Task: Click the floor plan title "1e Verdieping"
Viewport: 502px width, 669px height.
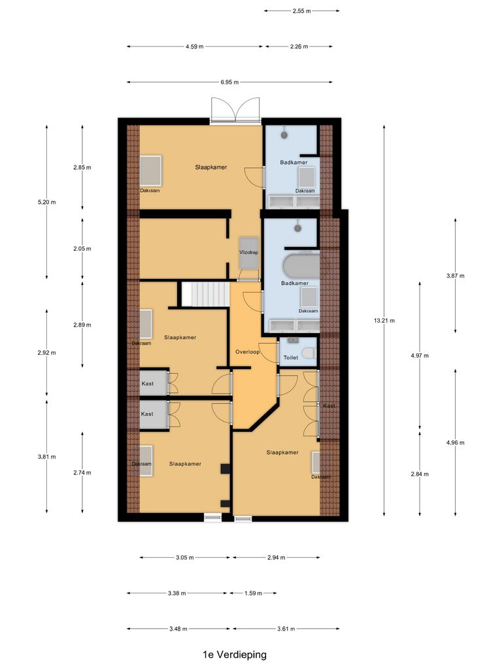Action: tap(234, 654)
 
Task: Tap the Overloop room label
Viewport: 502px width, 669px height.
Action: tap(248, 352)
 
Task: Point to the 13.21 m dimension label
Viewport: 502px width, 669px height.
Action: tap(384, 321)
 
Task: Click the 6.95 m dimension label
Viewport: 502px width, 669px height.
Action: tap(229, 82)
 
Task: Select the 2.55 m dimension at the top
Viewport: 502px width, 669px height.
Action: tap(301, 11)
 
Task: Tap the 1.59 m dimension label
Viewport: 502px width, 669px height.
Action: tap(252, 593)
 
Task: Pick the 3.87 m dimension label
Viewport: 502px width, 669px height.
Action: tap(455, 276)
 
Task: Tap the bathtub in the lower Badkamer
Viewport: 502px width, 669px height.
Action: tap(300, 267)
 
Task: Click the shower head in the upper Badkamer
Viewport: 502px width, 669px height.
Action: tap(284, 135)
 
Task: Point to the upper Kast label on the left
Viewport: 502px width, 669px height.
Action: tap(148, 383)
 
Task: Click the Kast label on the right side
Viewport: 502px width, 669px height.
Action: tap(329, 406)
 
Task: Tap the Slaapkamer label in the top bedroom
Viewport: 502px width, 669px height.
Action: tap(210, 167)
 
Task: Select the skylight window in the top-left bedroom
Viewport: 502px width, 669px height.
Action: tap(150, 171)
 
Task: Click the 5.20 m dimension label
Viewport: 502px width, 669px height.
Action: tap(47, 202)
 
